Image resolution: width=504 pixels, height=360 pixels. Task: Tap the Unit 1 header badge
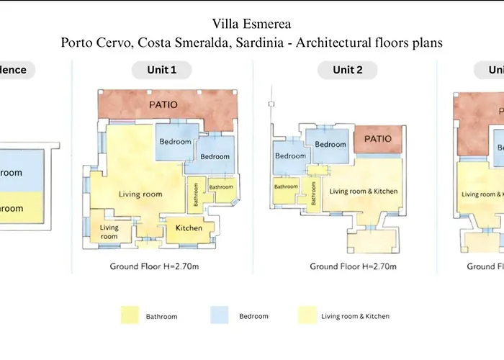[163, 70]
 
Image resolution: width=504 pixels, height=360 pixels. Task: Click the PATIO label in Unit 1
[163, 105]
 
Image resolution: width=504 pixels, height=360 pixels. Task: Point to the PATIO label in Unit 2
[377, 138]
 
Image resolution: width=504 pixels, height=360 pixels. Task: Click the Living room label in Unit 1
[136, 194]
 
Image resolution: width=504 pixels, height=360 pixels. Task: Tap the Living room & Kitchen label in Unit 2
[364, 192]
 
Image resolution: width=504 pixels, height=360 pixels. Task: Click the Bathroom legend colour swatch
[130, 315]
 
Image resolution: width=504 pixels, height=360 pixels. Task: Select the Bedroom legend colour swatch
[220, 315]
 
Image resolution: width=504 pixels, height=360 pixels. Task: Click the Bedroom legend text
[253, 316]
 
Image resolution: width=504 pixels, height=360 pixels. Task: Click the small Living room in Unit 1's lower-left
[109, 232]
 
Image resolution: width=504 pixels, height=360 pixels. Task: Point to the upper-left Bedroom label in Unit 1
[175, 142]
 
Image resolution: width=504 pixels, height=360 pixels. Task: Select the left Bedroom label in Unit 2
[291, 156]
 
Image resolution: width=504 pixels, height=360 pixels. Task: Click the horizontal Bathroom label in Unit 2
[286, 186]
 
